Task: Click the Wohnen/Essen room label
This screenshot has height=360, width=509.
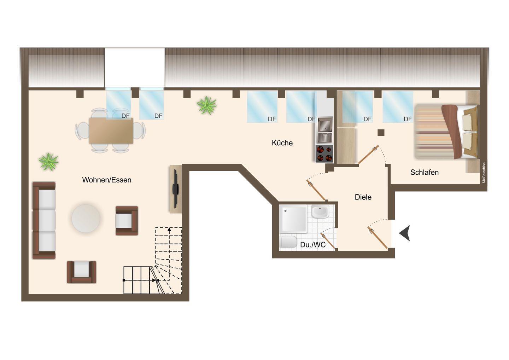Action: [x=107, y=180]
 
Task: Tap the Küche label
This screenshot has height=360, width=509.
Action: [x=282, y=143]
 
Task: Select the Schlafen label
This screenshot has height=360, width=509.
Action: [x=424, y=172]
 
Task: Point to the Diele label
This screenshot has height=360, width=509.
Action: [x=363, y=197]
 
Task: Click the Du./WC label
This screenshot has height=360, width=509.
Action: [x=313, y=245]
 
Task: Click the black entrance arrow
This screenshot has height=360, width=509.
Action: [x=405, y=233]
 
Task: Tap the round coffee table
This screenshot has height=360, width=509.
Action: [x=86, y=219]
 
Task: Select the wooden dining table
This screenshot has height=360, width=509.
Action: [x=111, y=131]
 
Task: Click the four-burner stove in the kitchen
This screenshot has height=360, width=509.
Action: [x=324, y=153]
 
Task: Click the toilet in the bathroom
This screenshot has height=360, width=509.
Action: [x=288, y=242]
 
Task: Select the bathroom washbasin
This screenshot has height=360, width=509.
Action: [x=320, y=211]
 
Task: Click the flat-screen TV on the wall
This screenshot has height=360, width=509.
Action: [x=175, y=189]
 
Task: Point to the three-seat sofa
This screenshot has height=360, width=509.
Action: [x=44, y=220]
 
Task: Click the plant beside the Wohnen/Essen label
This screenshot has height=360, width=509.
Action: [x=48, y=162]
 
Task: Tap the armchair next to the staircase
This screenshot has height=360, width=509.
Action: [x=127, y=221]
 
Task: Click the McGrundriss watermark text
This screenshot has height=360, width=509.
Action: [x=484, y=173]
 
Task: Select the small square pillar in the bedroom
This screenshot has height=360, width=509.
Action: [x=381, y=133]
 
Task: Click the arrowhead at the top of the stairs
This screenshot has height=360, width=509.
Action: [x=169, y=230]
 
